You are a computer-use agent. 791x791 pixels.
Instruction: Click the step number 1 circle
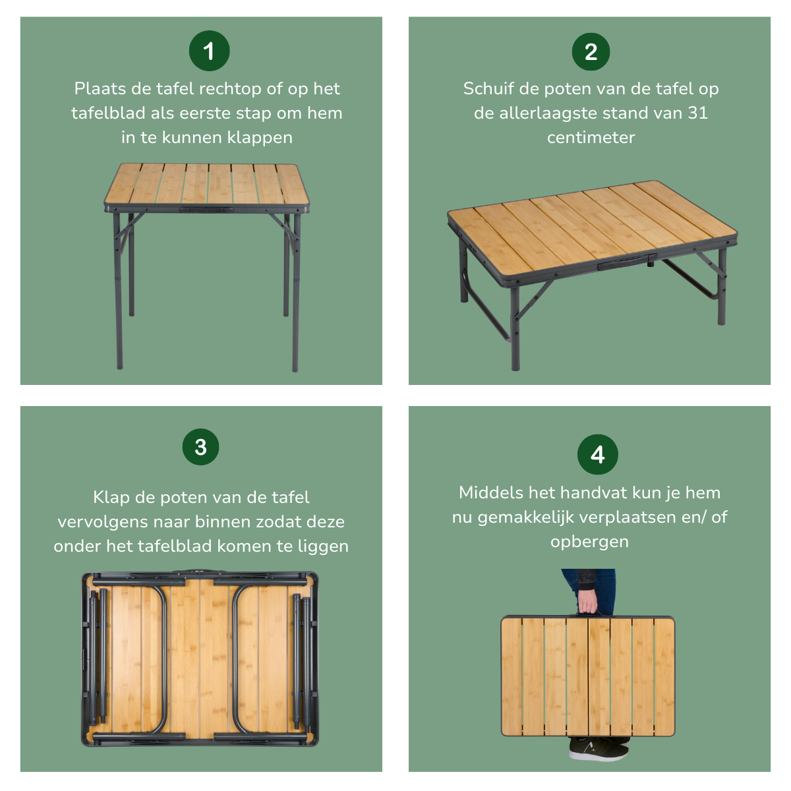coord(209,51)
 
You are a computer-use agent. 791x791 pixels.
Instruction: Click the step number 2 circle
coord(591,52)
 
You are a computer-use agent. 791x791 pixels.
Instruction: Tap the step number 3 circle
coord(200,447)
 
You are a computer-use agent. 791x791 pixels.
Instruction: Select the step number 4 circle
coord(597,454)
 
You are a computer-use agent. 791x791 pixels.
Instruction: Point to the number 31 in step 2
coord(697,113)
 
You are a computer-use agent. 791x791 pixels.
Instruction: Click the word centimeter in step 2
coord(591,138)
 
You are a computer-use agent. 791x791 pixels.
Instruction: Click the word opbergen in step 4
coord(589,542)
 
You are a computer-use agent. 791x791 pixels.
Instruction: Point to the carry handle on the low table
coord(626,262)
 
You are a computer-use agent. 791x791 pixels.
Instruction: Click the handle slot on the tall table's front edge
coord(206,210)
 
